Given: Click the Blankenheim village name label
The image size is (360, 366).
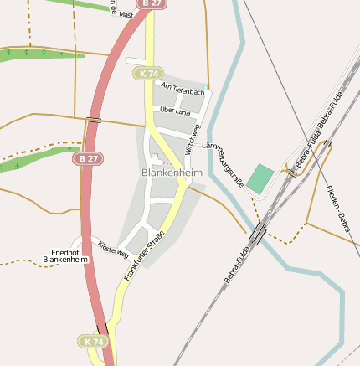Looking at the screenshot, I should coord(172,173).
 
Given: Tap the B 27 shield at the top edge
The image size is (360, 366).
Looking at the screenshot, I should coord(150,3).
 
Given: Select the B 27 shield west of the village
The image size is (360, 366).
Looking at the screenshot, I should coord(89,158).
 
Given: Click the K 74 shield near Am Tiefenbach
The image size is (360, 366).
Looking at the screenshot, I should coord(149,74).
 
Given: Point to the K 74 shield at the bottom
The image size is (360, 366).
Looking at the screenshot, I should coord(94,342).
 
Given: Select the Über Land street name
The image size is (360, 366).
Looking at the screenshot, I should coord(175,111).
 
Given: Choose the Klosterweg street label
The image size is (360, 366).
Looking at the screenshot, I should coord(113,249).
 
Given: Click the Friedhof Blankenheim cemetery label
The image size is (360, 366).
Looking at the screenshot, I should coord(65,256).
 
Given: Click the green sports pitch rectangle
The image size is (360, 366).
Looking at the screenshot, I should coord(261,178).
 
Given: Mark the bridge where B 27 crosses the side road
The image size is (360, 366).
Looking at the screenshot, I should coord(93,120).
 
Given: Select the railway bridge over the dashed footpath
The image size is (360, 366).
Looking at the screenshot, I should coord(258,231).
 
